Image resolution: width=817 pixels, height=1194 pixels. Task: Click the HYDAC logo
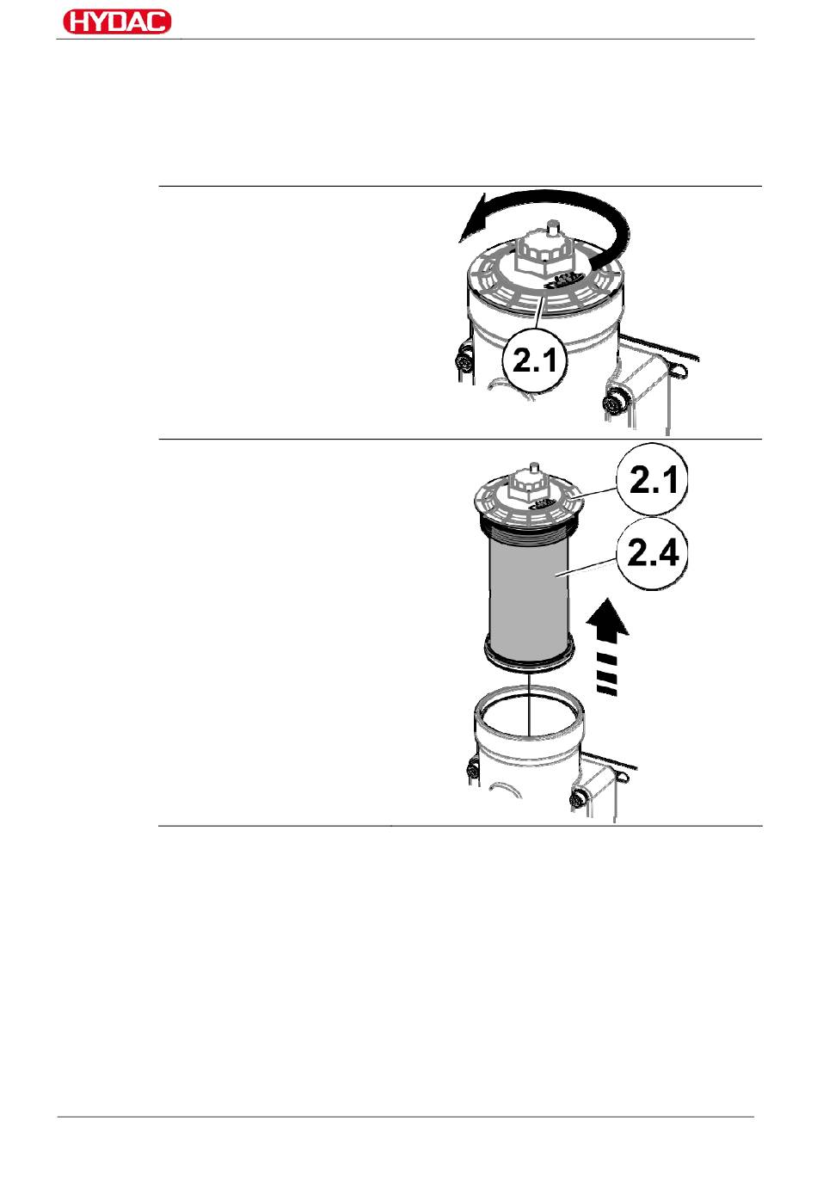[117, 22]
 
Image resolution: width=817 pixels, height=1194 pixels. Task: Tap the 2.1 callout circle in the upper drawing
[534, 360]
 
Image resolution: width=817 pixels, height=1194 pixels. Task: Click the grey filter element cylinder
[527, 594]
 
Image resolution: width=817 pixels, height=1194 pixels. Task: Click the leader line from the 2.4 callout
[589, 565]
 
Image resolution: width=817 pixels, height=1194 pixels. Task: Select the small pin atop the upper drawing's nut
[551, 229]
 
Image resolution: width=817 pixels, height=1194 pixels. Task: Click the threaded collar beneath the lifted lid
[530, 525]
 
